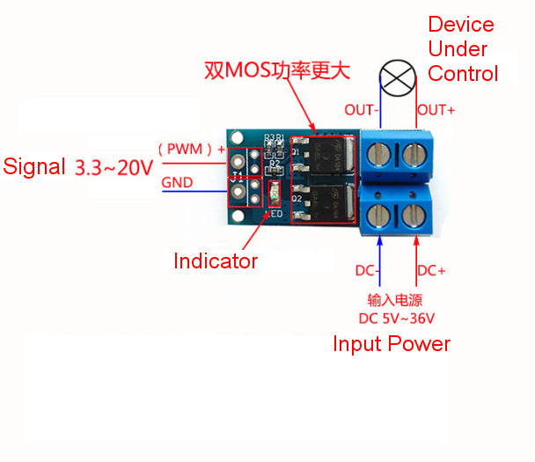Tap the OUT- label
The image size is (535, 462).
[360, 110]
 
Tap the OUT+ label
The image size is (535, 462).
[436, 110]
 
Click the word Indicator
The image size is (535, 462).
[216, 261]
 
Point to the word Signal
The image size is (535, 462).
[34, 166]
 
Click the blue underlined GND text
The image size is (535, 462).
[179, 183]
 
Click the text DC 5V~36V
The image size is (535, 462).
[396, 318]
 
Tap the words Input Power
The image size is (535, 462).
[391, 344]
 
